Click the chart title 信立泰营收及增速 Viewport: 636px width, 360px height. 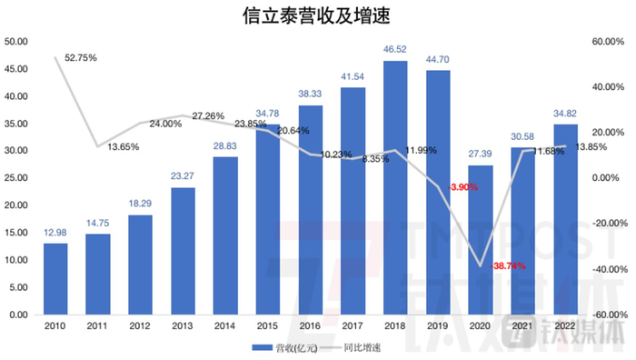(318, 17)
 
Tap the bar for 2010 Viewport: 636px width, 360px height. (55, 278)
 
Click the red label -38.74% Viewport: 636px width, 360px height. (509, 266)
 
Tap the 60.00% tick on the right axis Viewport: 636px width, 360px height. (606, 42)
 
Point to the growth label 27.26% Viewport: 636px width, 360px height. (210, 115)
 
